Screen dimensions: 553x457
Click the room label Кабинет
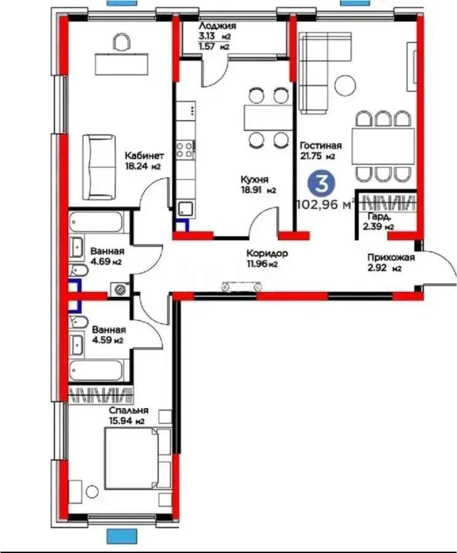click(144, 155)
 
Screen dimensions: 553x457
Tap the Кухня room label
click(253, 180)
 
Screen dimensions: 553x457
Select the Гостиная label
click(320, 146)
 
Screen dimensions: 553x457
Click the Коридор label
click(266, 253)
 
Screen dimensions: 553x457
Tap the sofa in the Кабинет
click(100, 166)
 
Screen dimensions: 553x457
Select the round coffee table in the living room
click(344, 84)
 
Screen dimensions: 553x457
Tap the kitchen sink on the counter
click(186, 210)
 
